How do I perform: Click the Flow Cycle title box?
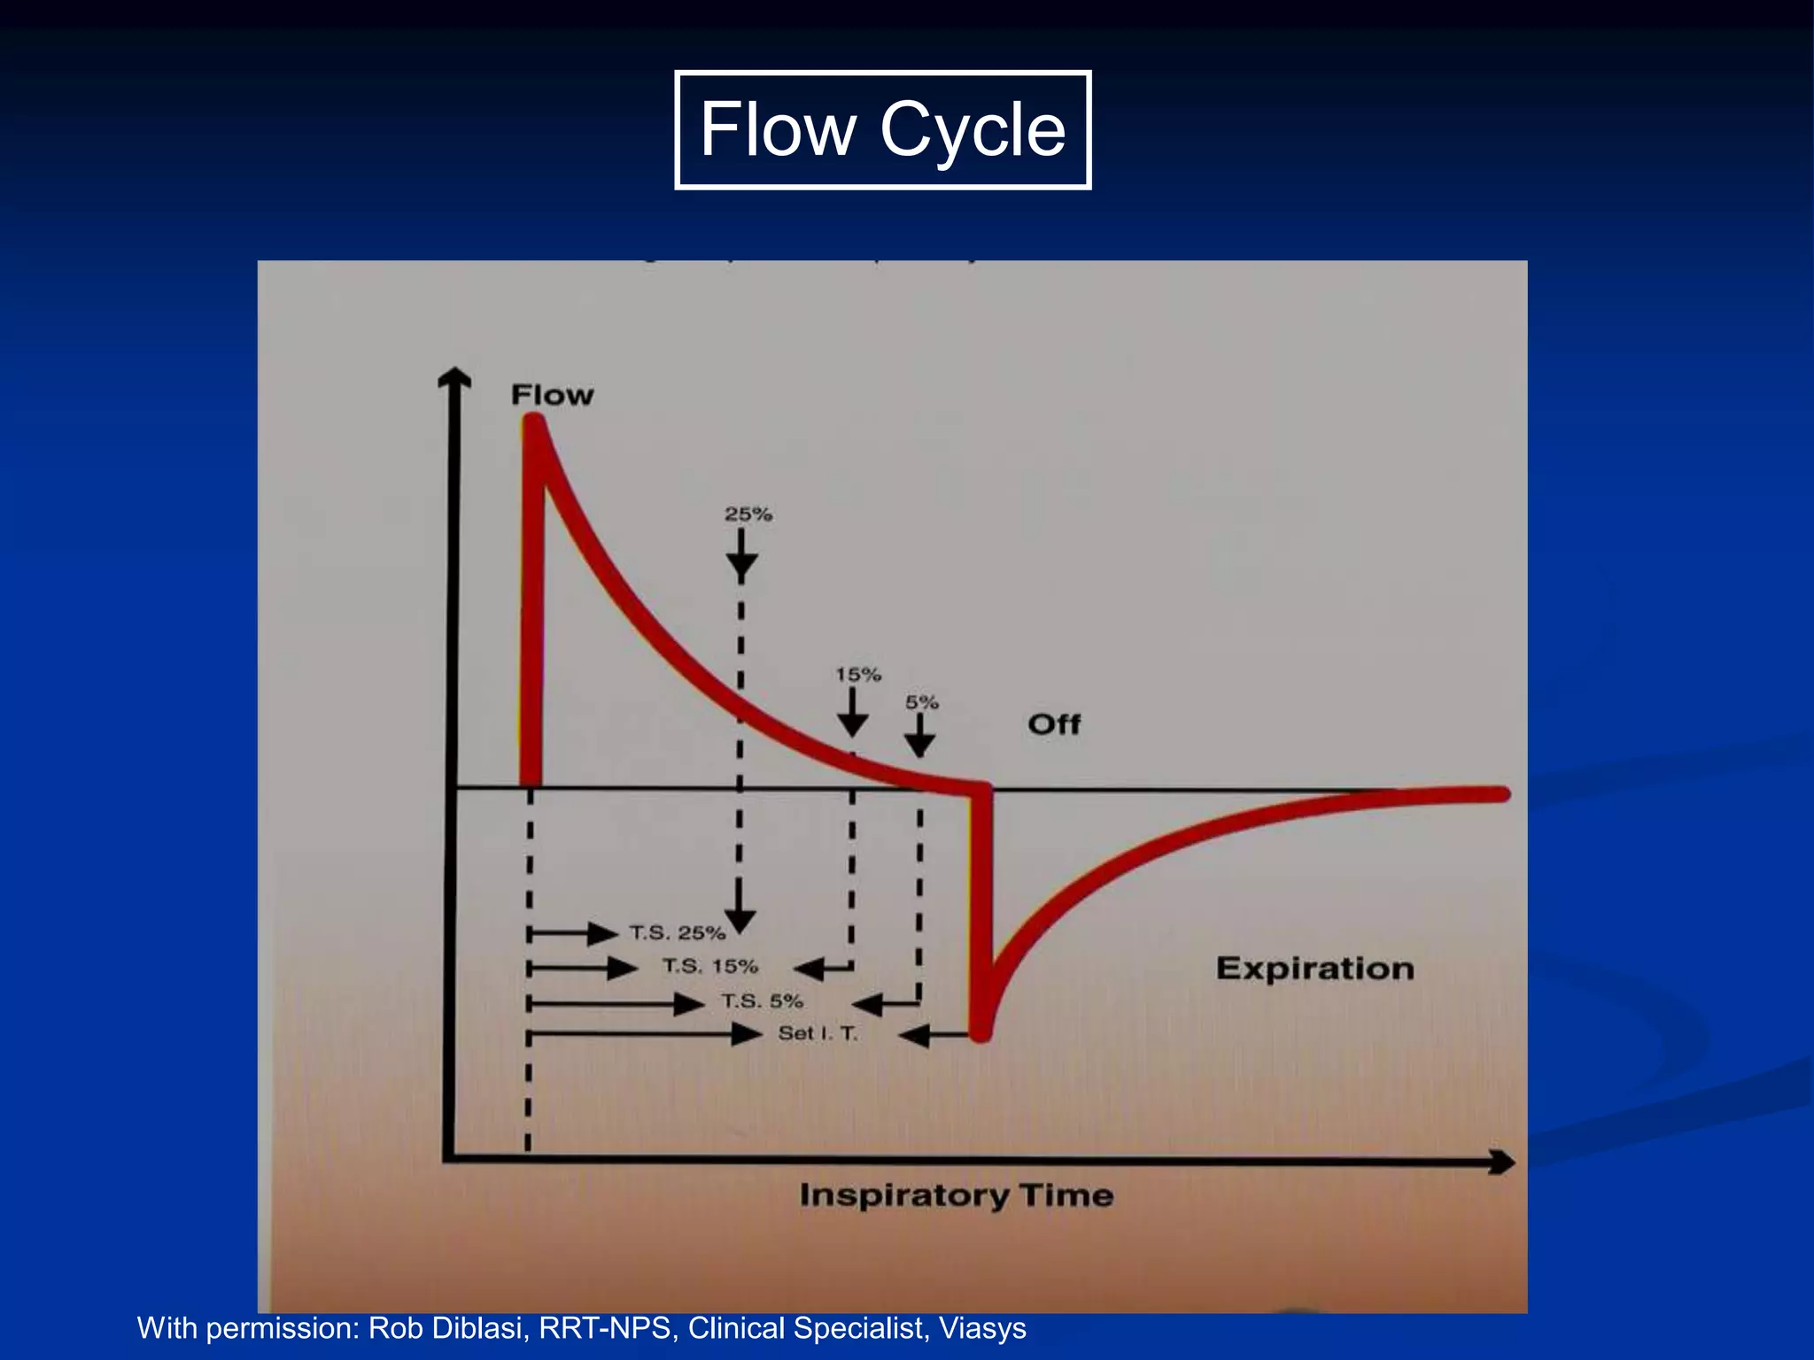point(882,129)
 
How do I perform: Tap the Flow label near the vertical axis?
point(552,395)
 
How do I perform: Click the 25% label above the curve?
point(748,514)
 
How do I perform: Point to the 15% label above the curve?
point(858,675)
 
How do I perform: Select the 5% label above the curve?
point(921,702)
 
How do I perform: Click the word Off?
point(1054,724)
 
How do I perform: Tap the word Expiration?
point(1314,968)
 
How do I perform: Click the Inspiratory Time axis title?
point(956,1195)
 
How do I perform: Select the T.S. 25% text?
point(678,932)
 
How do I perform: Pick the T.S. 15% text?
point(710,966)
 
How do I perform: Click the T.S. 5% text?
point(762,1001)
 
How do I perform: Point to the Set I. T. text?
point(818,1033)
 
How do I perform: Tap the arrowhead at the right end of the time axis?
point(1502,1162)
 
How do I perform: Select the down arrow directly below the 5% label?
point(920,738)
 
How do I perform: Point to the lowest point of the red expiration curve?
point(981,1032)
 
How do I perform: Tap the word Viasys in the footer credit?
point(982,1328)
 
